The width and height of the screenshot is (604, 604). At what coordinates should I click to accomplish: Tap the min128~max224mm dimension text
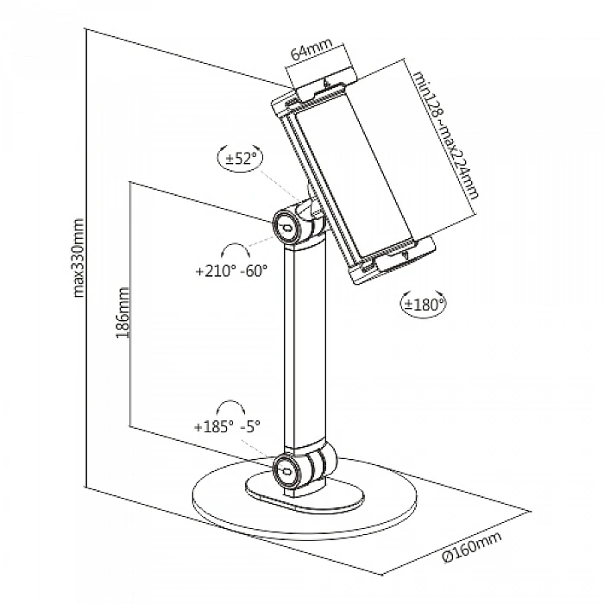click(445, 134)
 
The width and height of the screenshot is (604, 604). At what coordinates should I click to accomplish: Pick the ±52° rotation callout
click(239, 159)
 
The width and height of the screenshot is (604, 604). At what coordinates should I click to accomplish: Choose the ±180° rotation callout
click(423, 303)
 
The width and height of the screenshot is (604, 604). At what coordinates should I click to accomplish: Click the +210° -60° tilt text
click(231, 271)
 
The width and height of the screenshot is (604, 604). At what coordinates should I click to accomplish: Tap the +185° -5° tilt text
click(227, 425)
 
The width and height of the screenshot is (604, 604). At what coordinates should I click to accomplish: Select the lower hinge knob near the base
click(286, 471)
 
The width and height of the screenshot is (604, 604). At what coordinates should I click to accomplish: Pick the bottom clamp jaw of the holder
click(393, 260)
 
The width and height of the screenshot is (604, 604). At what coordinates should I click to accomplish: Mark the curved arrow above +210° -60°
click(232, 249)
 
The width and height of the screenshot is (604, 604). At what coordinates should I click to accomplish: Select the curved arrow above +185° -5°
click(229, 406)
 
